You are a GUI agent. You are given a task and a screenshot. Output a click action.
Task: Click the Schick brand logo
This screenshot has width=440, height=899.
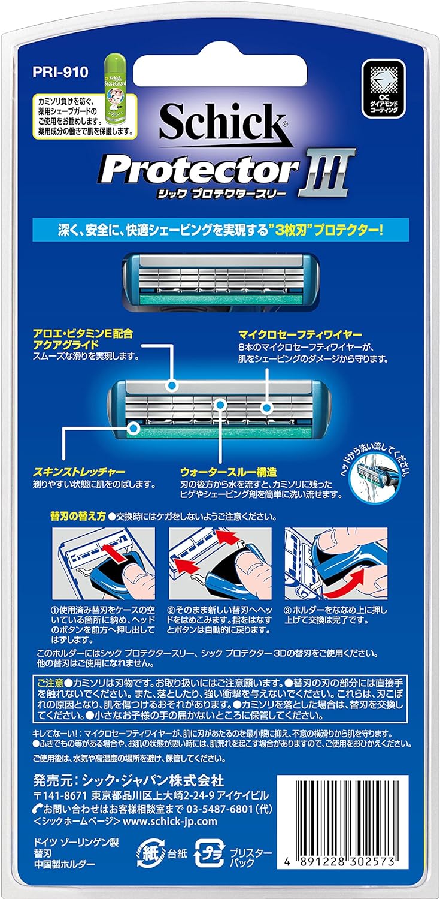[221, 122]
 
